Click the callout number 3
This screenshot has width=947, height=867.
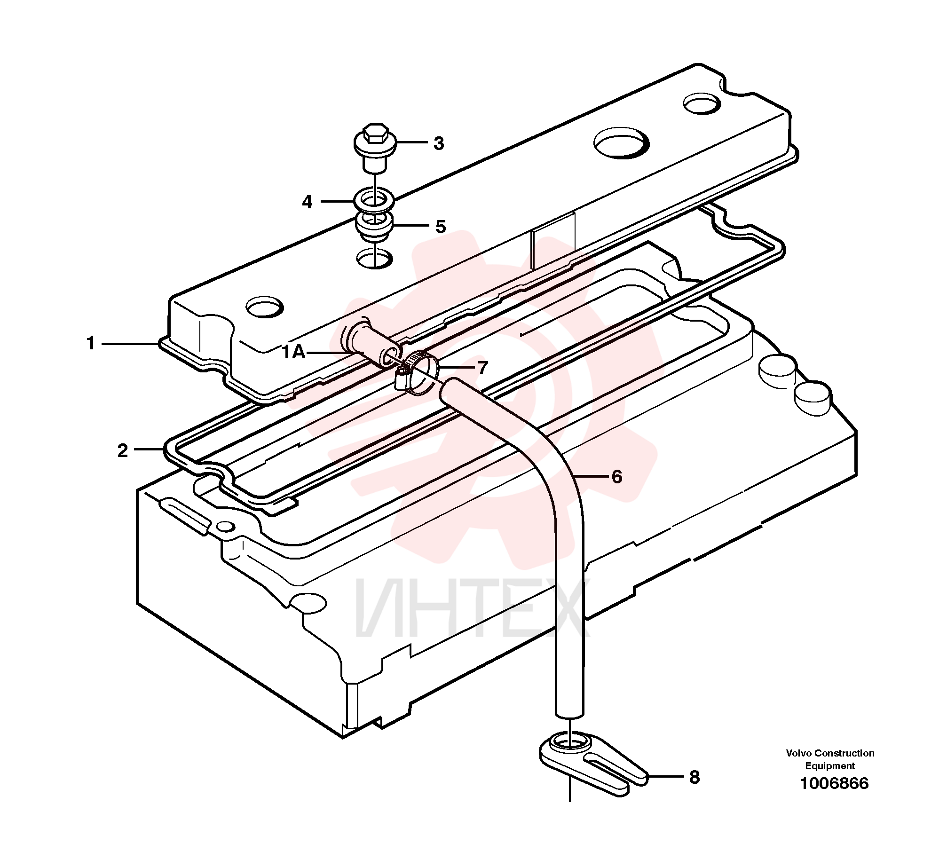tap(439, 143)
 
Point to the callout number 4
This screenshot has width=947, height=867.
tap(307, 202)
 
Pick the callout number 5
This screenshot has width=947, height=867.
tap(441, 227)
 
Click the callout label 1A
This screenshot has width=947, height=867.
tap(294, 352)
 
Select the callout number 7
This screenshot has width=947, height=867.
tap(483, 368)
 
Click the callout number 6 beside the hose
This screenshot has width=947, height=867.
tap(617, 477)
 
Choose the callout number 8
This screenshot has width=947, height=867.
tap(694, 778)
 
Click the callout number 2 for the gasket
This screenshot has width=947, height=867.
tap(122, 451)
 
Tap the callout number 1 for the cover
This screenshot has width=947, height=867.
tap(91, 343)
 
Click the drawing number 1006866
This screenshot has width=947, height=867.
tap(834, 783)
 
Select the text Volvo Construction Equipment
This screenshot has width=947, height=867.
tap(830, 759)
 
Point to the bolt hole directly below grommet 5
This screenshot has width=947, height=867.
tap(375, 258)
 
